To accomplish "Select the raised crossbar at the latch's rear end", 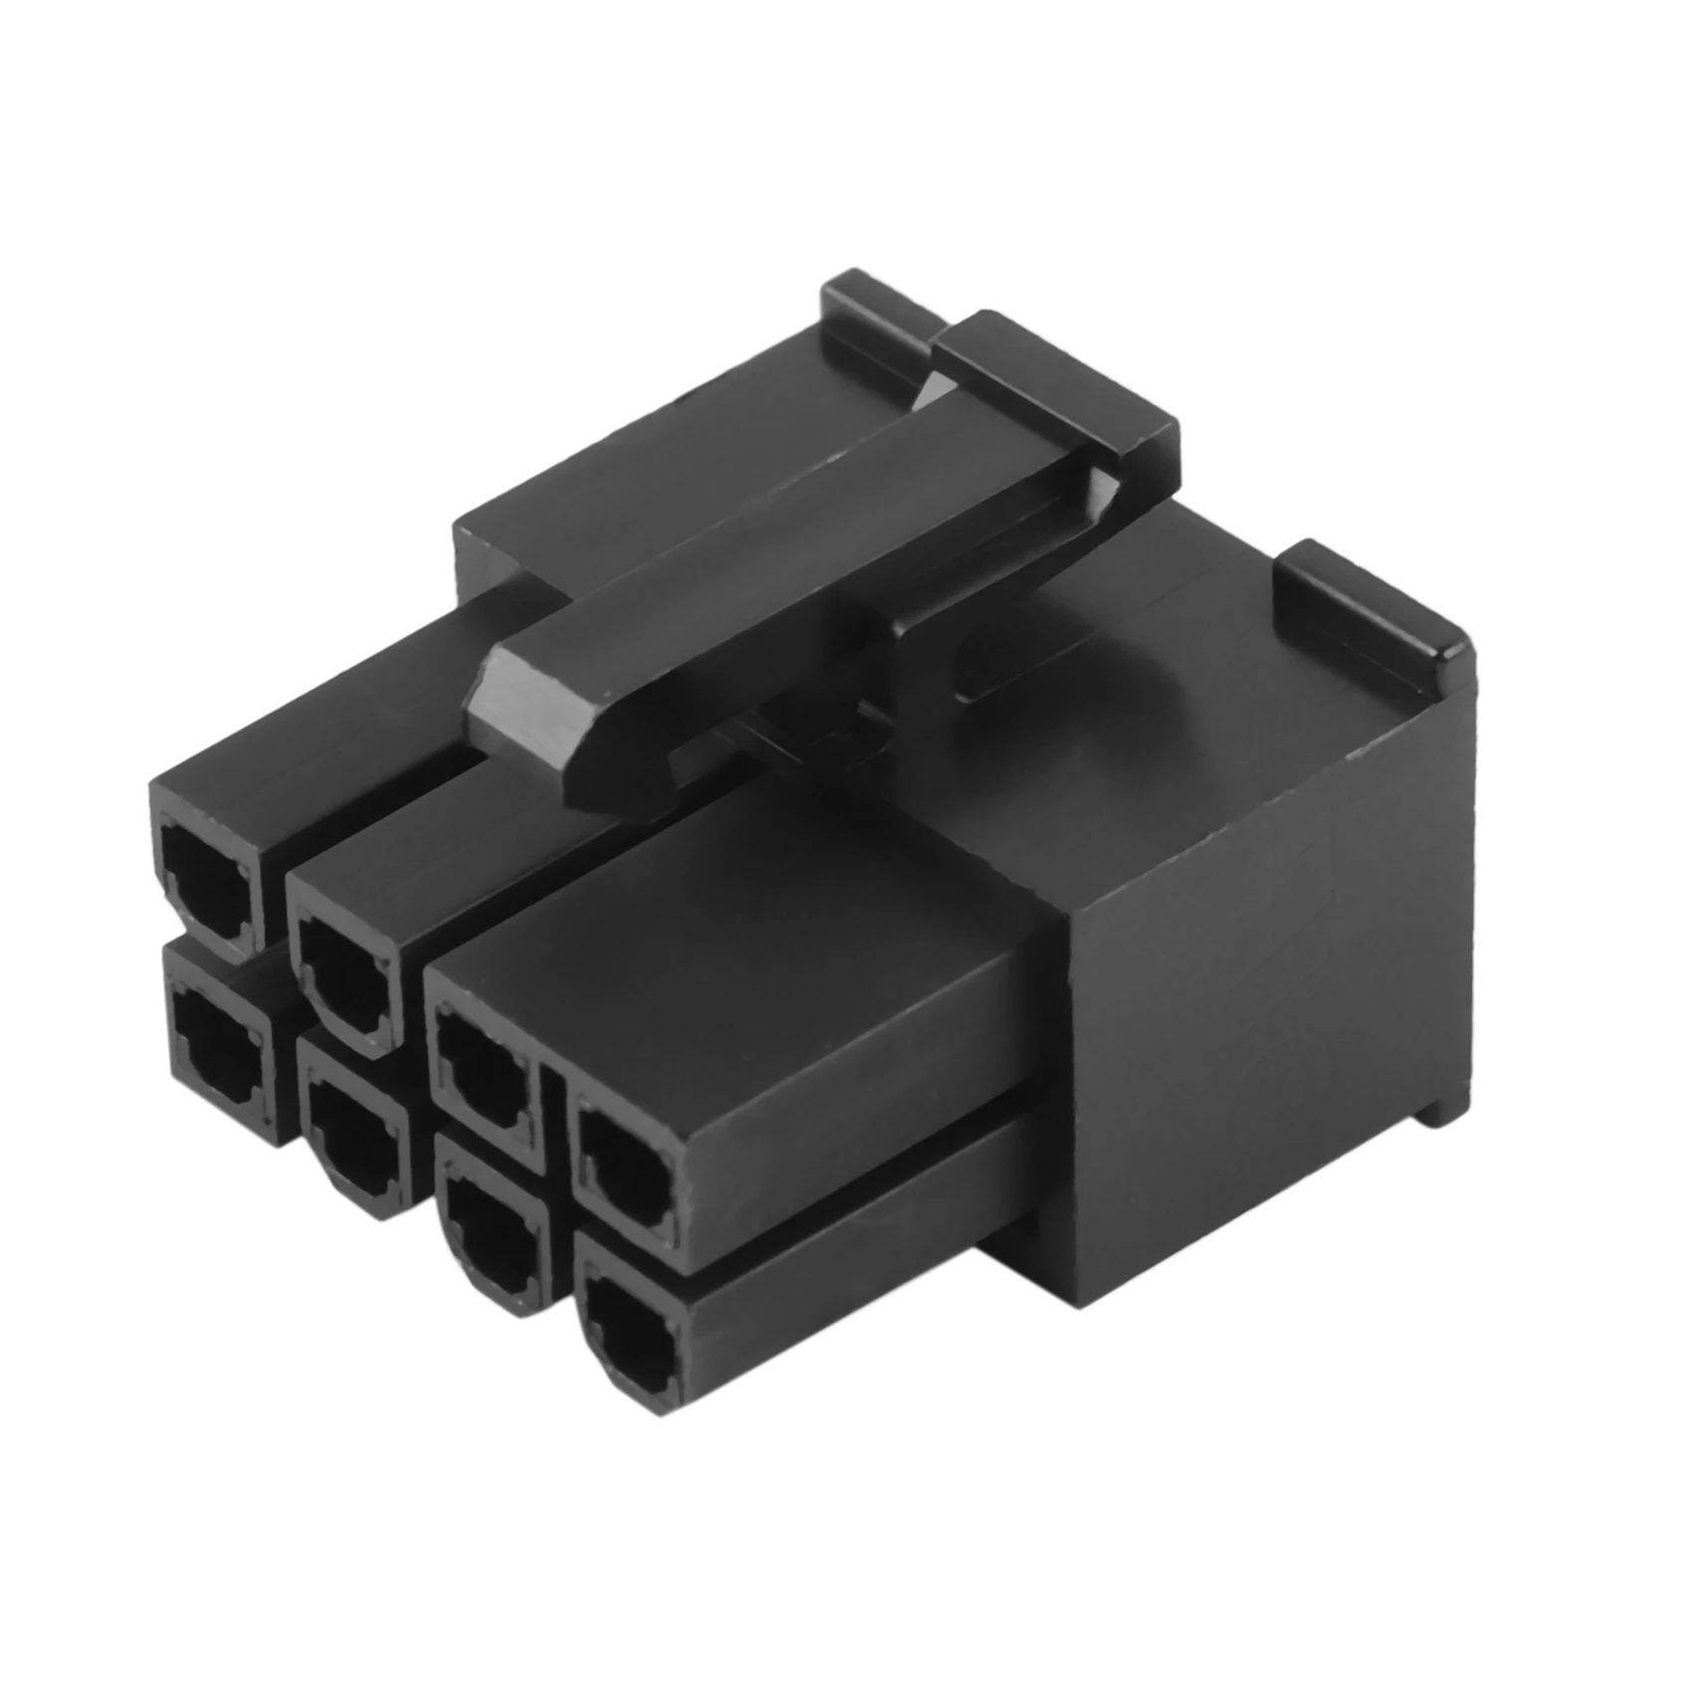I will (x=1055, y=398).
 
